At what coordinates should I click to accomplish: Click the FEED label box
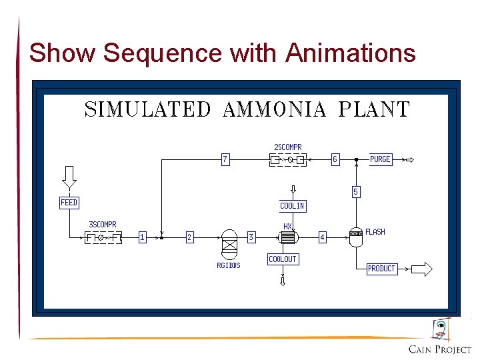[69, 203]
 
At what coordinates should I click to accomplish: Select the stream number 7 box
[226, 159]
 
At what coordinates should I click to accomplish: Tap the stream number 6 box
[335, 159]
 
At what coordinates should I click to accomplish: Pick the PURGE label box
[380, 159]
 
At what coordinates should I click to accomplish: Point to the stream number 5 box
[355, 192]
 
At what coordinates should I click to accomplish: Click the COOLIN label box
[293, 206]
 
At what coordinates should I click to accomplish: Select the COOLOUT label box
[283, 259]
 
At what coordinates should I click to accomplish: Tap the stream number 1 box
[142, 237]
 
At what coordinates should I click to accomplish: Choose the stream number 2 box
[189, 237]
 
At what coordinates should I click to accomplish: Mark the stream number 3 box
[251, 237]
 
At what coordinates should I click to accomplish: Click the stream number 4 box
[322, 237]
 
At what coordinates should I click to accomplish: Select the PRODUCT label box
[381, 269]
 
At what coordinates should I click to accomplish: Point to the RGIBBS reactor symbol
[229, 243]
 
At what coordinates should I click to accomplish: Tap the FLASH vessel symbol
[356, 237]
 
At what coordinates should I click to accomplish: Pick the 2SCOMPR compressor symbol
[288, 160]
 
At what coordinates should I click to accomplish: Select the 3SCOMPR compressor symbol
[103, 237]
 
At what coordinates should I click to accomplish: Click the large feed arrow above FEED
[69, 177]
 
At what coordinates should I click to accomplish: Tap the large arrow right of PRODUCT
[421, 269]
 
